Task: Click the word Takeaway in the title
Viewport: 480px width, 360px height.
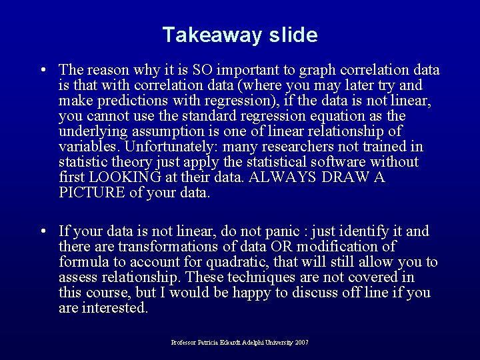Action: click(x=203, y=35)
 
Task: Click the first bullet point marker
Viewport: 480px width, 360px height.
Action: click(x=43, y=70)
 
